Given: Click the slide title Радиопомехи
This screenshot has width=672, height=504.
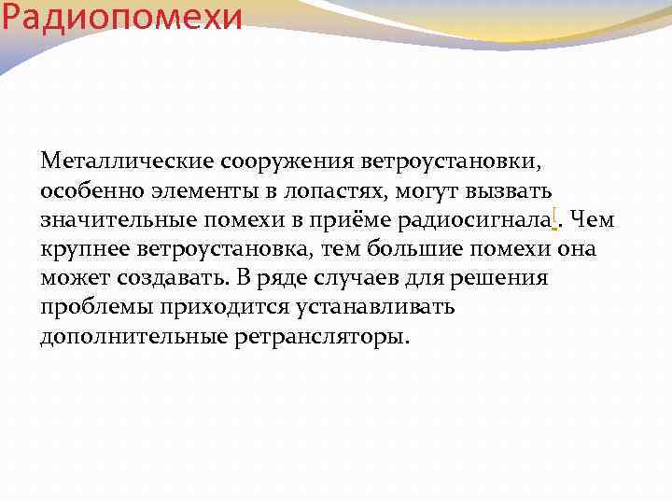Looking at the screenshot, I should click(x=121, y=16).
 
